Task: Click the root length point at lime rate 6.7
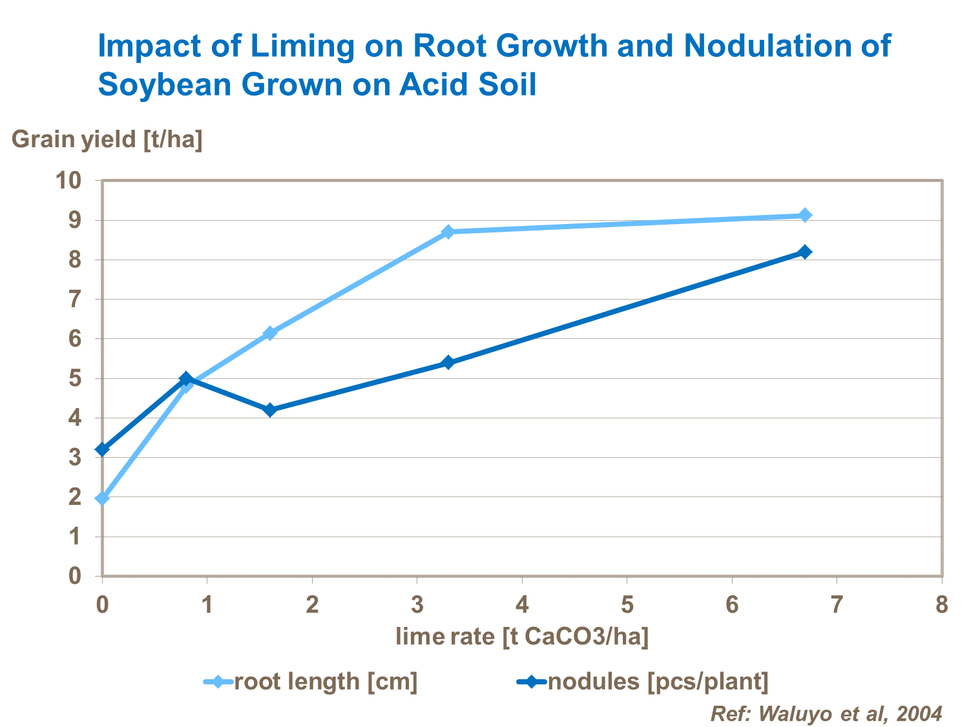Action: pyautogui.click(x=805, y=215)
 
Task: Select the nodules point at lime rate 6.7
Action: pyautogui.click(x=805, y=252)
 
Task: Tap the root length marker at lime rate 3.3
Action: pyautogui.click(x=448, y=232)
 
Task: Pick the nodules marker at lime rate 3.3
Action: pyautogui.click(x=448, y=363)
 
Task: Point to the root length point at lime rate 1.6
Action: pyautogui.click(x=270, y=333)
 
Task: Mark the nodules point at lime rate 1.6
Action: pyautogui.click(x=270, y=410)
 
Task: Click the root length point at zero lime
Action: pyautogui.click(x=102, y=498)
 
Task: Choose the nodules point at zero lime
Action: pyautogui.click(x=102, y=449)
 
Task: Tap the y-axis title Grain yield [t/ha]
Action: pyautogui.click(x=107, y=139)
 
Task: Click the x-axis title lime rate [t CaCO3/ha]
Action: pyautogui.click(x=522, y=637)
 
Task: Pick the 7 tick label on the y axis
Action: pyautogui.click(x=76, y=300)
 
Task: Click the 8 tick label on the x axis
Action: pyautogui.click(x=942, y=605)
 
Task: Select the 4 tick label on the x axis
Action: pyautogui.click(x=522, y=605)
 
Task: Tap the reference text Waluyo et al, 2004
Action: pyautogui.click(x=826, y=713)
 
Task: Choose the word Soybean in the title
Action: pyautogui.click(x=165, y=85)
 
